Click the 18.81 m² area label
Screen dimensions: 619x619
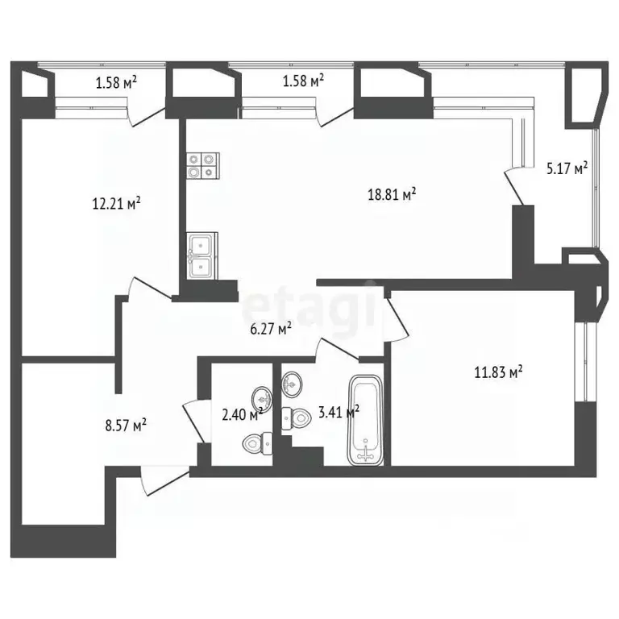tap(392, 194)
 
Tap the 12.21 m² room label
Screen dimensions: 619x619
tap(116, 204)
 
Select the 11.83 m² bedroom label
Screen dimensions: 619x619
tap(498, 372)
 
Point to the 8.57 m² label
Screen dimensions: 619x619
tap(126, 426)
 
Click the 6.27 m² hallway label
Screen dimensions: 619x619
tap(271, 329)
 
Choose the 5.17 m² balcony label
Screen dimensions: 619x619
tap(567, 168)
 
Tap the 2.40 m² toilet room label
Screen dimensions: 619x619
tap(243, 415)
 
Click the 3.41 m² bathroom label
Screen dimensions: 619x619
tap(339, 413)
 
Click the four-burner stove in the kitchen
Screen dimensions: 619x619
tap(203, 166)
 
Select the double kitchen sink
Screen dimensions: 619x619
tap(201, 255)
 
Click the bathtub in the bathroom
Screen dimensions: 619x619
tap(365, 420)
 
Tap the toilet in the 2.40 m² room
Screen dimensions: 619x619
tap(257, 444)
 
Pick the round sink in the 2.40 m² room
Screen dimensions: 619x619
tap(261, 397)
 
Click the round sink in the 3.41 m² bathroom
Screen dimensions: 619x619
tap(292, 383)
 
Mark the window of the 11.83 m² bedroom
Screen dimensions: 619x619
tap(585, 363)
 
